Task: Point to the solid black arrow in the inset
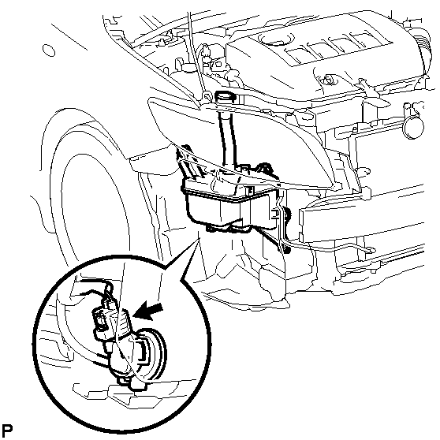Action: [148, 311]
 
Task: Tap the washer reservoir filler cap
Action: [226, 96]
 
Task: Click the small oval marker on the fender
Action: [49, 50]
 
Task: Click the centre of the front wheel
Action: [92, 213]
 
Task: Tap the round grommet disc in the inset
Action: [150, 355]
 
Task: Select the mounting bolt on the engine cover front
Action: [330, 80]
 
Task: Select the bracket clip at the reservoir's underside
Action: [228, 227]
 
